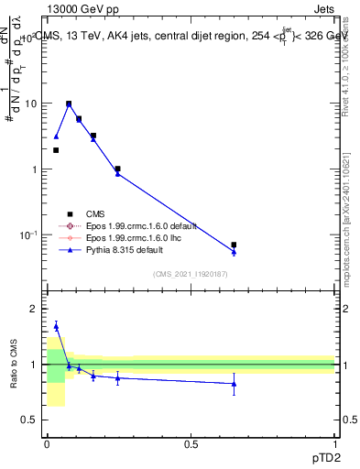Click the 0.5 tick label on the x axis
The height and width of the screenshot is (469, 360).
(x=191, y=443)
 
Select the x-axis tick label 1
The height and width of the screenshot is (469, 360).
(x=334, y=443)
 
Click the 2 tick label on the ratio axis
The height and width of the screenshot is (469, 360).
(x=36, y=309)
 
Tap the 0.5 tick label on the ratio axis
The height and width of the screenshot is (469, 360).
(x=31, y=420)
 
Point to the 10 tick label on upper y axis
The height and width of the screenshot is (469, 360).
(x=31, y=104)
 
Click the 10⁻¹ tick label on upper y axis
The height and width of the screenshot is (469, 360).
(x=29, y=235)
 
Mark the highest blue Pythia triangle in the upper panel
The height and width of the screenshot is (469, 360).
(x=69, y=104)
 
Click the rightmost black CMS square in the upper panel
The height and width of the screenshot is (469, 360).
(x=234, y=245)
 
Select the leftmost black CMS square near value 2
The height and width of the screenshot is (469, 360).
(x=56, y=150)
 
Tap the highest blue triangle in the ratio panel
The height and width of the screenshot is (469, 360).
(x=56, y=326)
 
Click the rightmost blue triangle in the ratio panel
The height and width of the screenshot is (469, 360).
(x=234, y=384)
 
